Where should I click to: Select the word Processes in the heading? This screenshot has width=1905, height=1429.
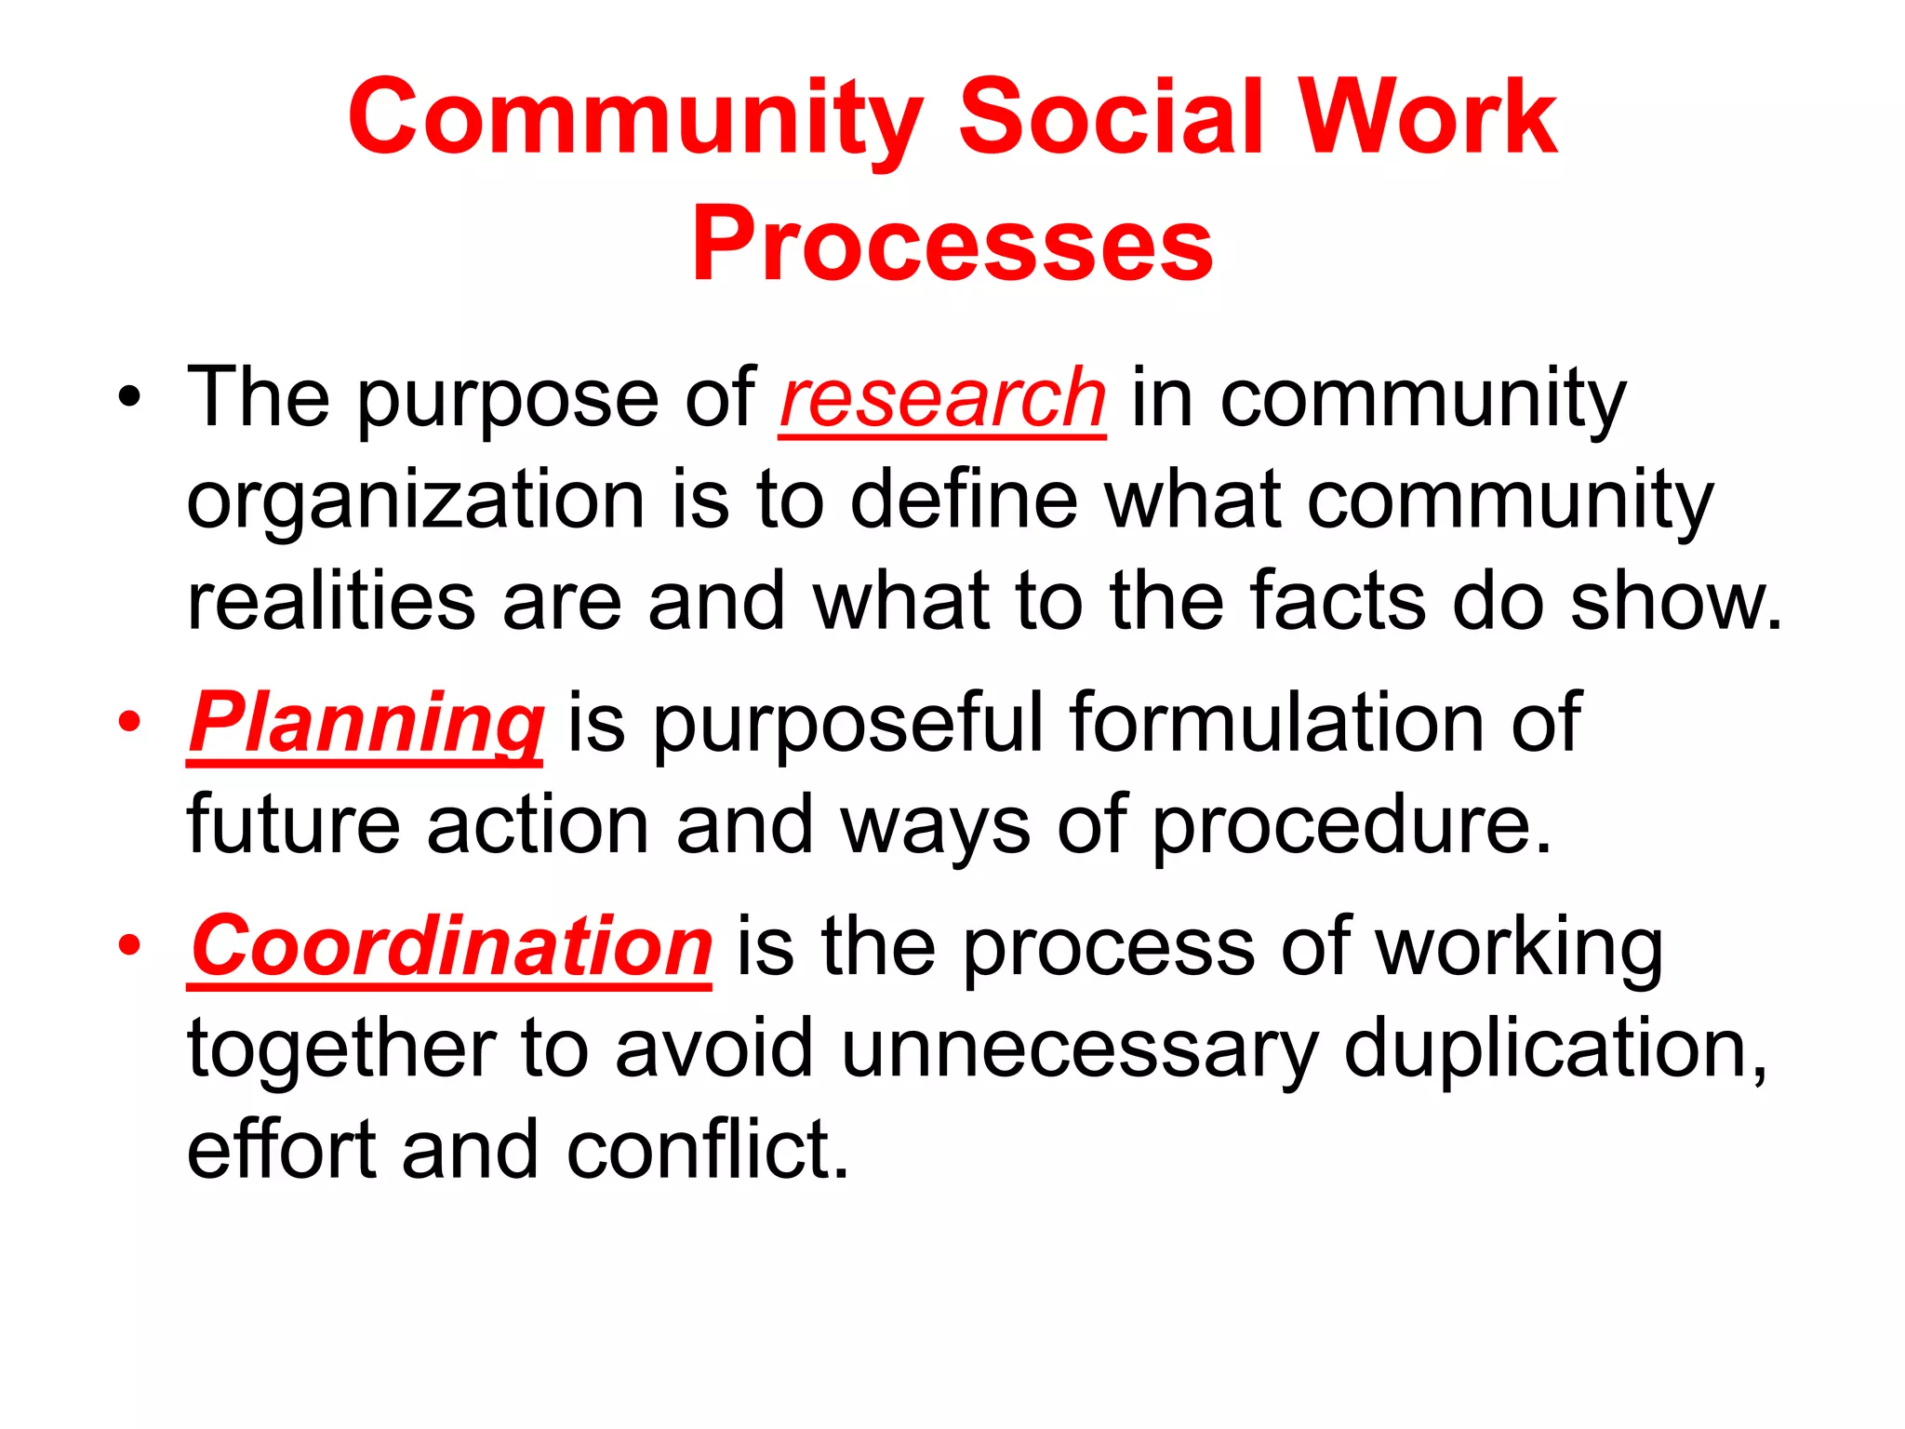(952, 244)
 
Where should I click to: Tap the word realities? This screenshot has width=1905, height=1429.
(331, 602)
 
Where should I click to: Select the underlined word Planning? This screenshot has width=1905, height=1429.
(365, 724)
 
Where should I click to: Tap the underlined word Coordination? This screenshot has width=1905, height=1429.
(451, 946)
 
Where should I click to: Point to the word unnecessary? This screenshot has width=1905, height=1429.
(1079, 1049)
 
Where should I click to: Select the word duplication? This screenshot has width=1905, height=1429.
(1554, 1049)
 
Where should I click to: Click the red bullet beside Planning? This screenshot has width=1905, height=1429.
(129, 723)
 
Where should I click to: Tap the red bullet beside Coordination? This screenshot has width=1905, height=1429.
(129, 946)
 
